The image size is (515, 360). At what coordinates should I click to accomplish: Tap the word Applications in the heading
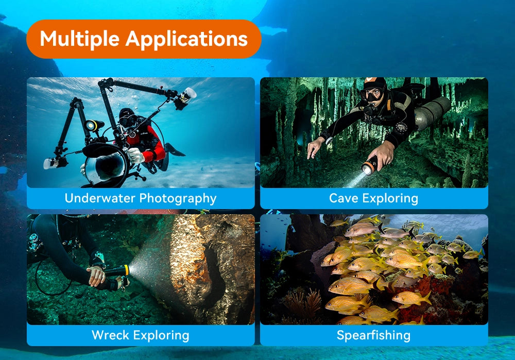point(186,39)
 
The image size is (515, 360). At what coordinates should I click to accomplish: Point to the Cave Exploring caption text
point(373,198)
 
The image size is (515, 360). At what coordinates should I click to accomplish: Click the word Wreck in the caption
point(110,335)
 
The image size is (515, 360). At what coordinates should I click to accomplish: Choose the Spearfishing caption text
point(373,335)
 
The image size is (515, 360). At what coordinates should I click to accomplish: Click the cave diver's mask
point(372,94)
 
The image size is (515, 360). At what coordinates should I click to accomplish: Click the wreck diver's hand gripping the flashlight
point(96,276)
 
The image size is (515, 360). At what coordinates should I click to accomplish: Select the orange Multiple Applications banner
point(144,39)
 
